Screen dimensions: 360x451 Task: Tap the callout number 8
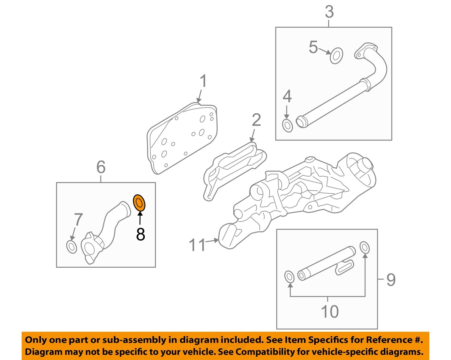(140, 234)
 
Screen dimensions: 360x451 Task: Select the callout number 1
(204, 82)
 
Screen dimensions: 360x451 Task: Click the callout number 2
(256, 120)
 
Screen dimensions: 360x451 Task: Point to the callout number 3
(329, 12)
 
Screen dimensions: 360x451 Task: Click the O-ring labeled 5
(336, 56)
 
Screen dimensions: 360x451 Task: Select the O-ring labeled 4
(287, 125)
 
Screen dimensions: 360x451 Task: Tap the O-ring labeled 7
(72, 247)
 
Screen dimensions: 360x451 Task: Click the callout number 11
(197, 245)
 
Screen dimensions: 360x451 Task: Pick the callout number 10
(330, 312)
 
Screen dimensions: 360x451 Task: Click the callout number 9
(391, 280)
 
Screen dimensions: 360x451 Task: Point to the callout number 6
(101, 167)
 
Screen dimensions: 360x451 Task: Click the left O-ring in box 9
(289, 277)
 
